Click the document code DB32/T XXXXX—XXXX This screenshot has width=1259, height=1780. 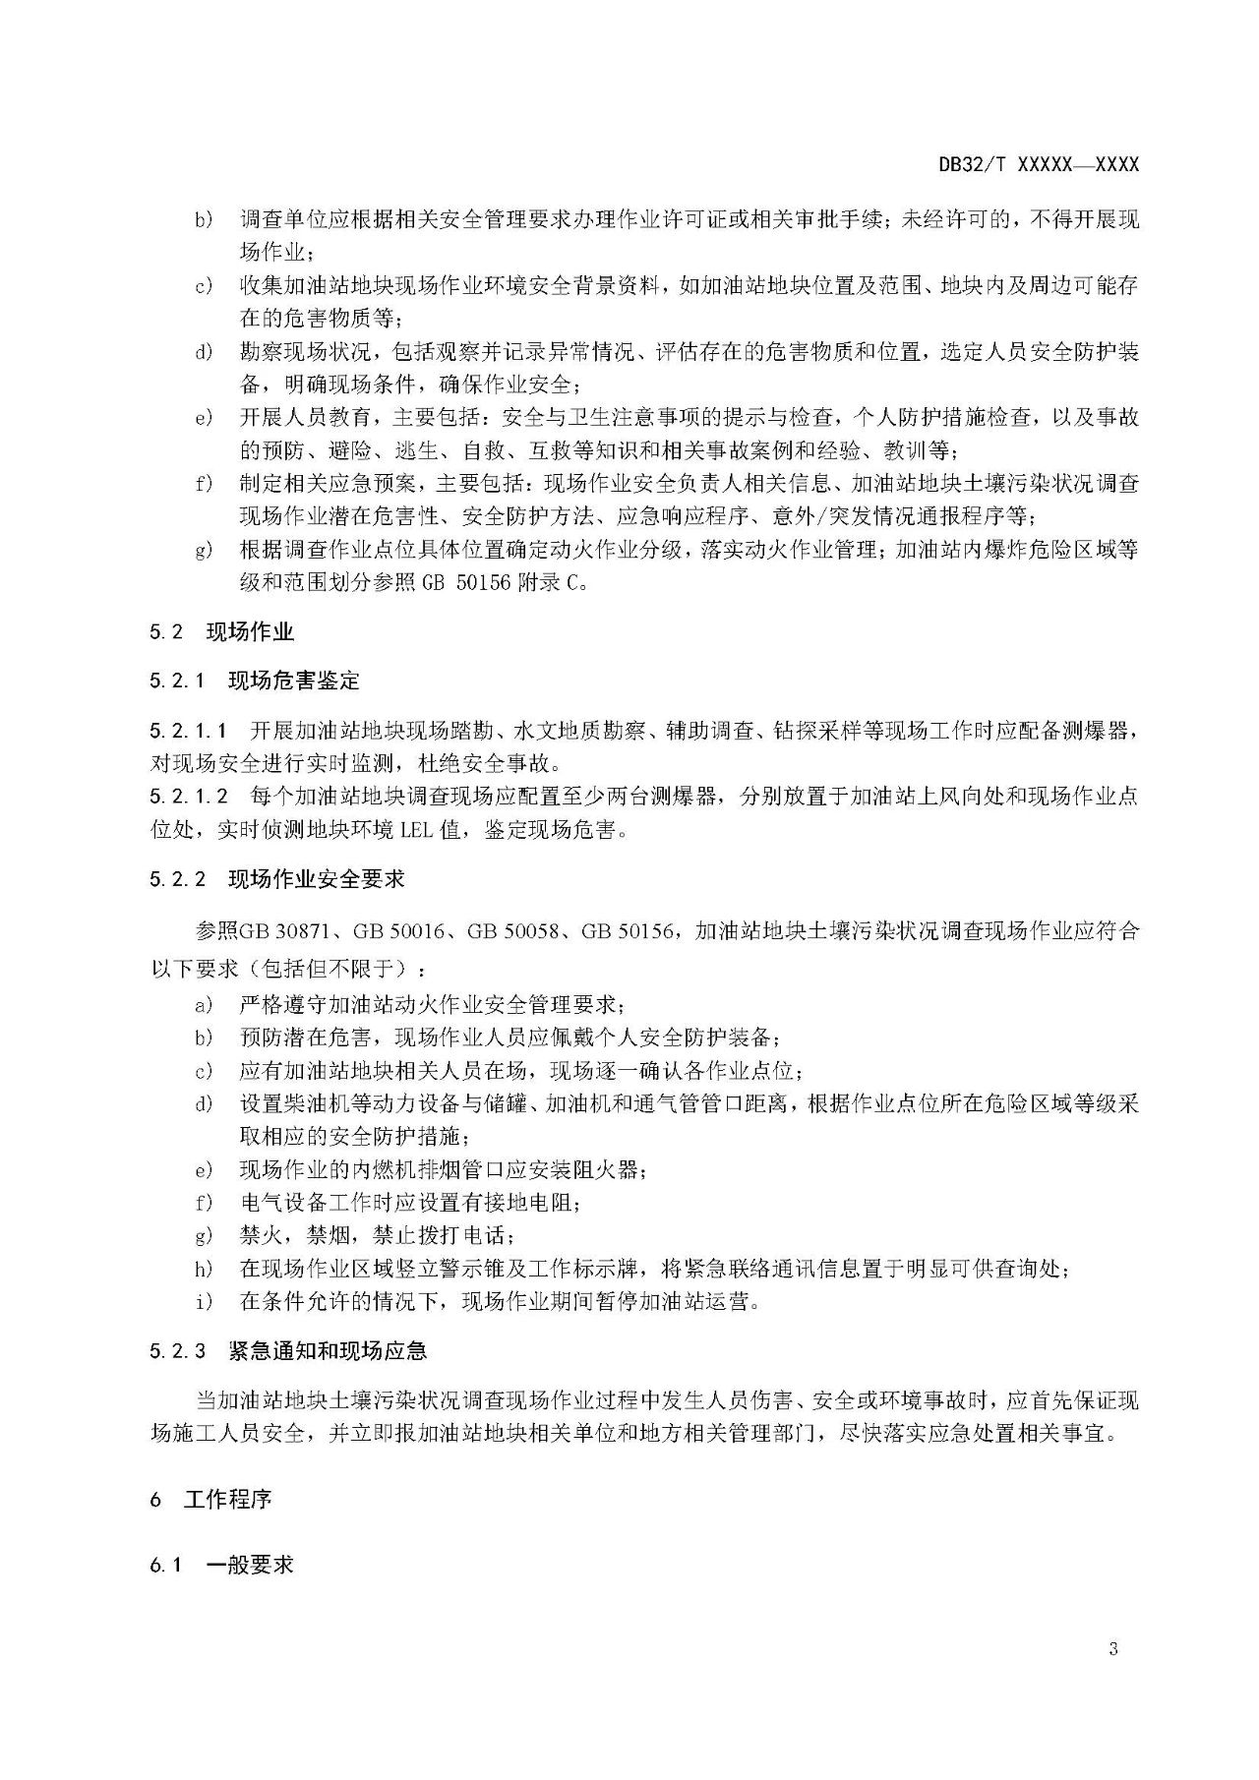[1038, 165]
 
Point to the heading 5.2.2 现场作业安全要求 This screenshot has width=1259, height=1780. [276, 878]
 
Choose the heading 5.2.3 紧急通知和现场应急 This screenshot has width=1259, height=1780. [288, 1350]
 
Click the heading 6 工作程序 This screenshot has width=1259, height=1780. [210, 1500]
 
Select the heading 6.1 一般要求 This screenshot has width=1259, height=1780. [221, 1565]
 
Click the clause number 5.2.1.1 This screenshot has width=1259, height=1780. [189, 730]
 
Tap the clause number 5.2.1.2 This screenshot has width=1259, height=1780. [189, 796]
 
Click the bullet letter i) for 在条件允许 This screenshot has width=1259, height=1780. [205, 1302]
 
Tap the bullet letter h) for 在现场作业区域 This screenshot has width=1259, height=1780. [205, 1269]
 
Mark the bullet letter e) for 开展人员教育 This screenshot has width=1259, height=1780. [205, 418]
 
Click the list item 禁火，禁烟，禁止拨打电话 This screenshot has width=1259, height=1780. [376, 1235]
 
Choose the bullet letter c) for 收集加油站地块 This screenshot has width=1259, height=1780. [205, 286]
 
